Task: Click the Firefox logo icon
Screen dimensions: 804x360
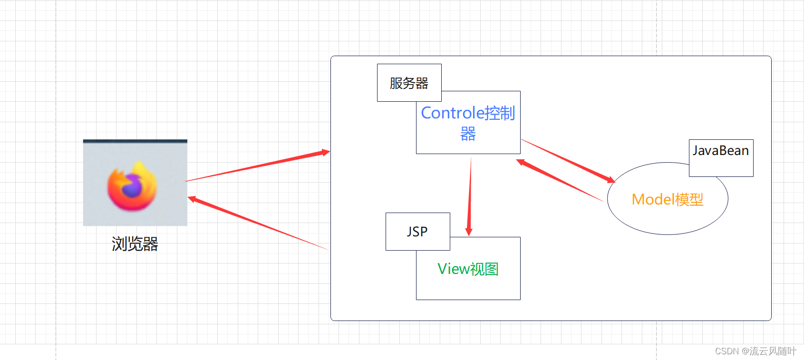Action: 132,186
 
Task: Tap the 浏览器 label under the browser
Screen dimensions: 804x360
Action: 135,244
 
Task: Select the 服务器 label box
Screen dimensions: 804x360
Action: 409,83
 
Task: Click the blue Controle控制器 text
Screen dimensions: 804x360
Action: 468,113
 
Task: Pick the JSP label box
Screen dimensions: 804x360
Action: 417,232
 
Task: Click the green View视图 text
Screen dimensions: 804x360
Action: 468,269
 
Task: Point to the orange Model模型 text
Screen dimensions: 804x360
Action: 667,199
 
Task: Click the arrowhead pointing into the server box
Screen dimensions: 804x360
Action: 326,152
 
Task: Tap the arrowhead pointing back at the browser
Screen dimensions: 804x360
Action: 192,199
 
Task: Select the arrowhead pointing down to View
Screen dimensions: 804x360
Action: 469,232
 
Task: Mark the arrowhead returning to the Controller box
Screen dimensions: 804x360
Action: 521,162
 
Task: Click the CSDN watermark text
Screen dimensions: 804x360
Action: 756,351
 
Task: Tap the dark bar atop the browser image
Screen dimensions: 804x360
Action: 135,141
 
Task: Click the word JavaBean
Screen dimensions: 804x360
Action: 721,151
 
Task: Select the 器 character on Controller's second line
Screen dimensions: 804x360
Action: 468,134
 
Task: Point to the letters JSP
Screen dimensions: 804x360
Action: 417,232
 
